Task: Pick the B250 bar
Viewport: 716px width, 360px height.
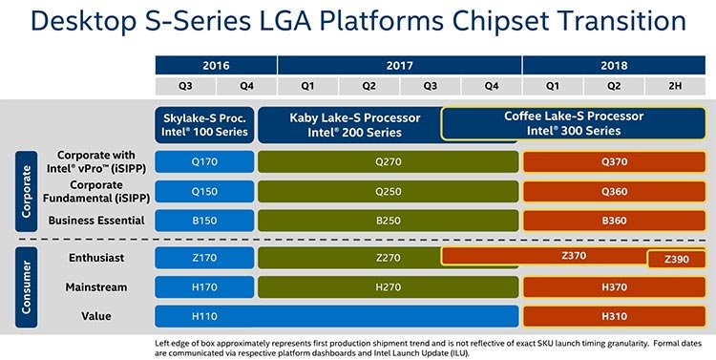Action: click(387, 221)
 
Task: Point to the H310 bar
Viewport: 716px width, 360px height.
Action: click(615, 316)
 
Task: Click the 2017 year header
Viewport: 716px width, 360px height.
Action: click(399, 65)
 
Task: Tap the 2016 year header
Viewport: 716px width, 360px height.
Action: click(216, 65)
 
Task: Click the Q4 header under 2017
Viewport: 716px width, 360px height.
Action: click(491, 86)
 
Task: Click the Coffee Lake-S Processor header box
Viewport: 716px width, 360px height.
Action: click(574, 123)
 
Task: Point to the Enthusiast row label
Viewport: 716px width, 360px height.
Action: click(97, 257)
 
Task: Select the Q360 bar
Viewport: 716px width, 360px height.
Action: click(615, 191)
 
